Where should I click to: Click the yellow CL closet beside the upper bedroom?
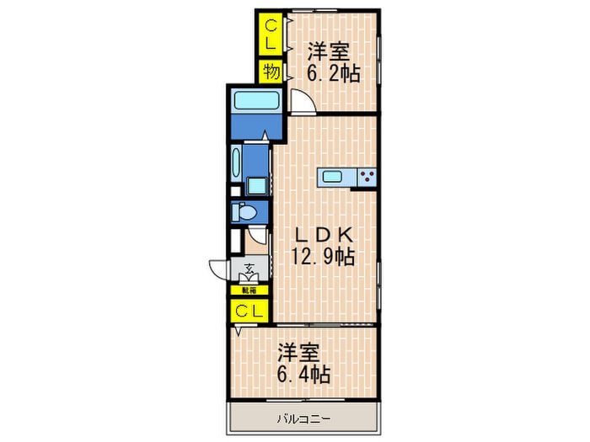point(271,33)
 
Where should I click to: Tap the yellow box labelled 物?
point(271,72)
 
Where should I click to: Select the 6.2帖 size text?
point(333,74)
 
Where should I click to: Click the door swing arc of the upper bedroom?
point(302,102)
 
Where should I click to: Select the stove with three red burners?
point(367,177)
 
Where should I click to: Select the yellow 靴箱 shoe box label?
point(249,290)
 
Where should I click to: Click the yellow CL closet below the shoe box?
point(249,311)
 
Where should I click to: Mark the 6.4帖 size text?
point(302,374)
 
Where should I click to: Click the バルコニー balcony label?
point(301,418)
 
